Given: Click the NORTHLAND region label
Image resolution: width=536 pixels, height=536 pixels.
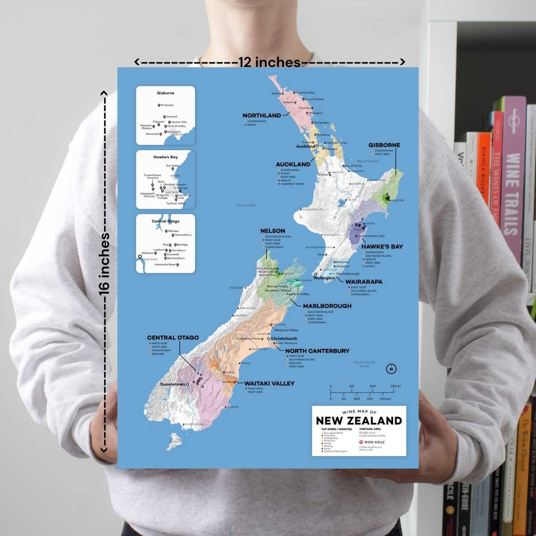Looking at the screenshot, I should pyautogui.click(x=262, y=116).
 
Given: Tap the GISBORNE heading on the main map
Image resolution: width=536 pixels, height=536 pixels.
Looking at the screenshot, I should pyautogui.click(x=384, y=145).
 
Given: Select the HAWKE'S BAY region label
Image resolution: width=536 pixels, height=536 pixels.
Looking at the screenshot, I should pyautogui.click(x=382, y=246).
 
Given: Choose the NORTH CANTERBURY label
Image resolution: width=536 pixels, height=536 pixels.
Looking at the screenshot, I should pyautogui.click(x=317, y=351).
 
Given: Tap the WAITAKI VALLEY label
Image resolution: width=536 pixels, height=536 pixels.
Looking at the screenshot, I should pyautogui.click(x=269, y=383).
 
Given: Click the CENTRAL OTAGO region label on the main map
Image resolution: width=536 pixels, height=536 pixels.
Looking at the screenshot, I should pyautogui.click(x=173, y=337).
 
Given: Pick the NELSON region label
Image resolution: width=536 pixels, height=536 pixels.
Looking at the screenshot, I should pyautogui.click(x=272, y=231).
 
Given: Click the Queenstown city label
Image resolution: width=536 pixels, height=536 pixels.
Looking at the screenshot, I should pyautogui.click(x=172, y=384).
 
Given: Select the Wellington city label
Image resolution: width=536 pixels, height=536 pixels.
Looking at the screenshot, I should pyautogui.click(x=325, y=278).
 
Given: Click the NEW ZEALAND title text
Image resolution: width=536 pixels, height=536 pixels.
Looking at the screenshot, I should pyautogui.click(x=359, y=421).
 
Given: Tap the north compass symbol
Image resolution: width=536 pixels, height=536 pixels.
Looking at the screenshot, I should pyautogui.click(x=392, y=369).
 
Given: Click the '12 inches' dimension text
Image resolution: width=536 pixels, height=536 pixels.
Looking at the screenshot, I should pyautogui.click(x=269, y=63).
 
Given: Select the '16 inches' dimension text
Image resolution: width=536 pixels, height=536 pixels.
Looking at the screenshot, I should pyautogui.click(x=104, y=264).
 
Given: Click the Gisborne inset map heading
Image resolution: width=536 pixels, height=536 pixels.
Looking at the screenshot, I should pyautogui.click(x=165, y=93).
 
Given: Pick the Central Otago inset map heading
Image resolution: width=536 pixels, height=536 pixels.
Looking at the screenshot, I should pyautogui.click(x=165, y=221).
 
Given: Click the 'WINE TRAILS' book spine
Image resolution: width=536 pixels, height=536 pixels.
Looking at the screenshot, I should pyautogui.click(x=512, y=194).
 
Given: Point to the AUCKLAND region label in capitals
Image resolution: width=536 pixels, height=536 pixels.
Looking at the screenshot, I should pyautogui.click(x=293, y=164).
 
